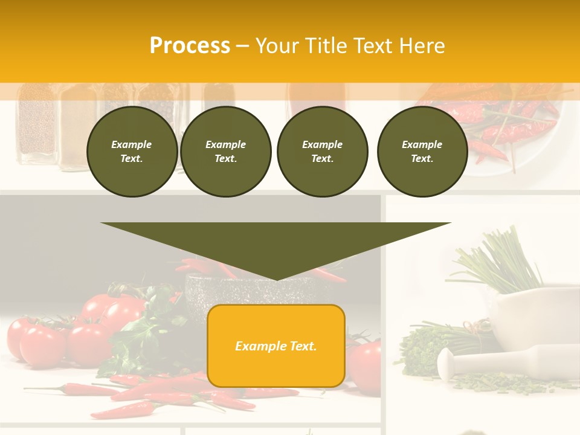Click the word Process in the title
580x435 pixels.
coord(190,46)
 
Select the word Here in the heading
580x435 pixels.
coord(421,46)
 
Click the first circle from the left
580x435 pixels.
coord(132,152)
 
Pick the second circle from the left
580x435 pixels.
coord(225,152)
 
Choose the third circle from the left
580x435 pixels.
coord(322,152)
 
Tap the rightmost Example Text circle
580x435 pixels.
coord(422,152)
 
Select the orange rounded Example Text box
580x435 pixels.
coord(276,346)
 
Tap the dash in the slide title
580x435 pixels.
coord(242,46)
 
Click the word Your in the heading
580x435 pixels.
coord(277,46)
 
